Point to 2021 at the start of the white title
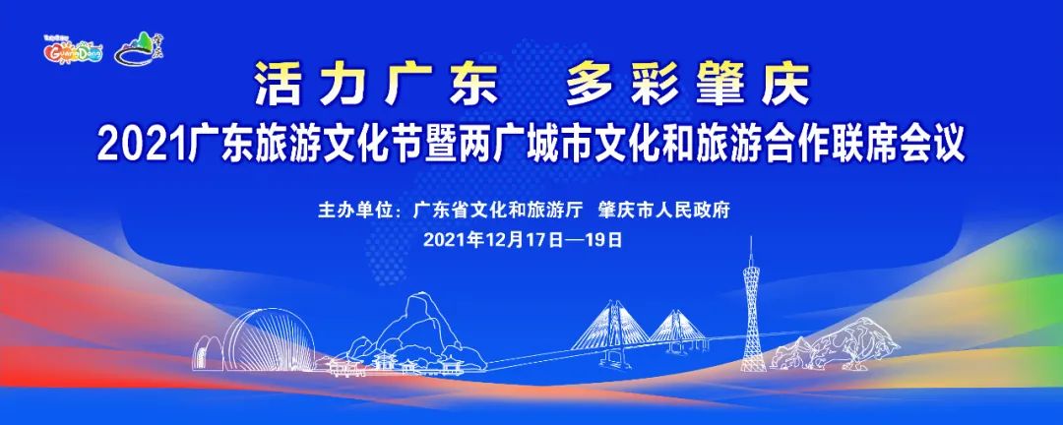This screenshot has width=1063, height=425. coord(133,146)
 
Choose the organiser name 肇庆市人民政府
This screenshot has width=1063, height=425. coord(668,211)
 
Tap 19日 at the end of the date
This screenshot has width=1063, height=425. coord(609,239)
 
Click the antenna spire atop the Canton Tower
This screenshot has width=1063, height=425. coord(751,246)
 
